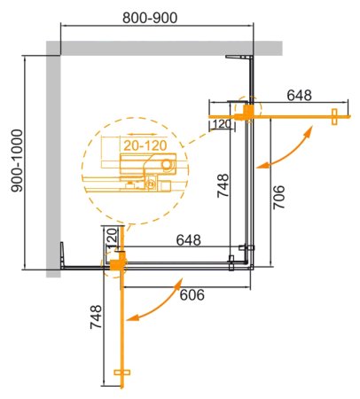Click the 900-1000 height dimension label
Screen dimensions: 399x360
[13, 160]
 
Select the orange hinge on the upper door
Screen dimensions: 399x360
[250, 111]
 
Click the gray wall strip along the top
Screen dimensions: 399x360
[168, 46]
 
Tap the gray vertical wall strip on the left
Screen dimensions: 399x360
[52, 160]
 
